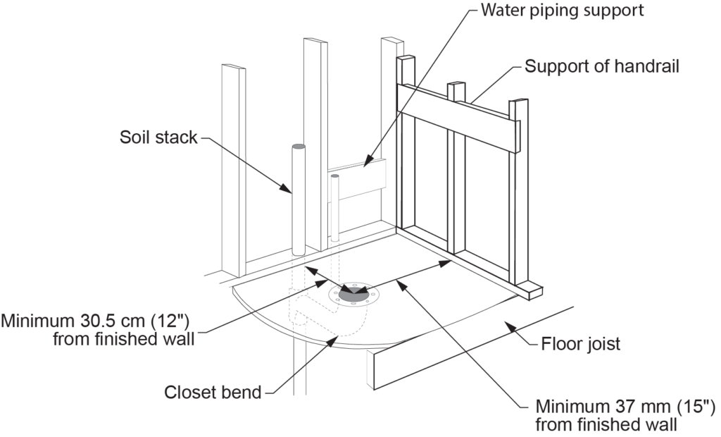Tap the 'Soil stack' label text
coord(158,137)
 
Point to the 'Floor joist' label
coord(579,345)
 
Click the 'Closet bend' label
coord(213,392)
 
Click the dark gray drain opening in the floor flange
coord(352,293)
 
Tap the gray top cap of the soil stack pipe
coord(298,146)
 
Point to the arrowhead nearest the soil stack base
coord(308,270)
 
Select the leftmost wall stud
coord(233,169)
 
